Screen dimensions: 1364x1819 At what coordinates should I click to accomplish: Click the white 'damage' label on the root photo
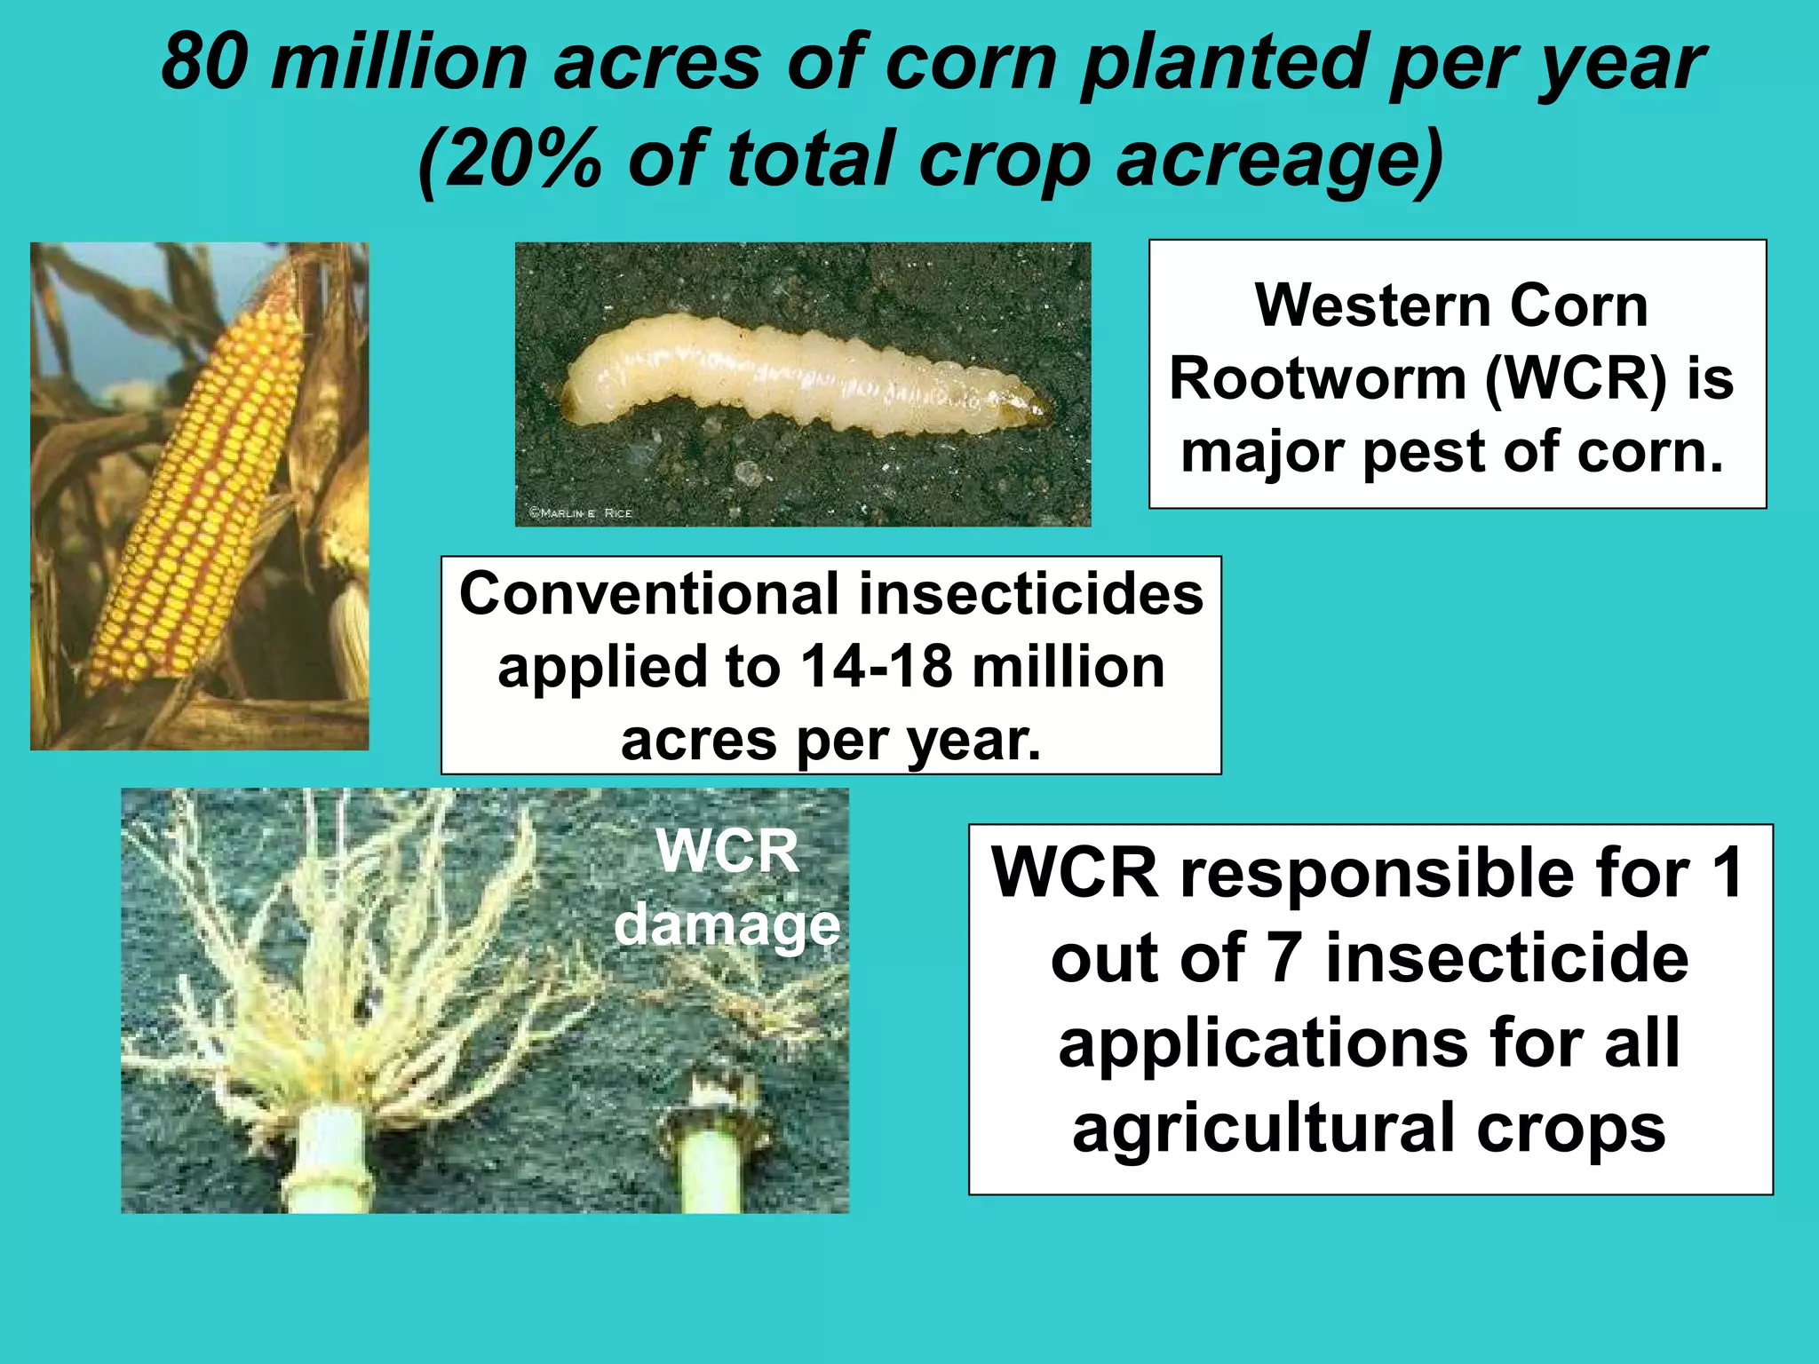[727, 926]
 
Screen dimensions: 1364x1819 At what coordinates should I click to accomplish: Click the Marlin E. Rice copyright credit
[580, 512]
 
